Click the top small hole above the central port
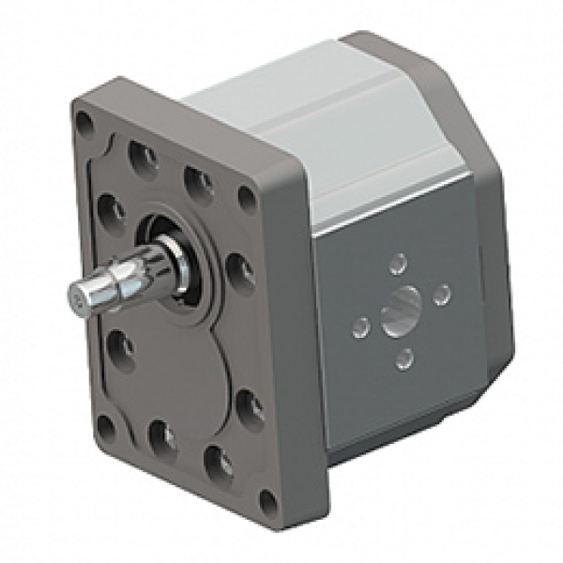pos(399,264)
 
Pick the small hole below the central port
pos(403,357)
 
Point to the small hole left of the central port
pos(359,327)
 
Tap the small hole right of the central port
pos(443,295)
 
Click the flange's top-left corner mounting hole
pos(84,121)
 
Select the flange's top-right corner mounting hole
pos(247,197)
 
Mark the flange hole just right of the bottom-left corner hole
pos(160,434)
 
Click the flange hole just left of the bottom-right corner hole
pos(217,461)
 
